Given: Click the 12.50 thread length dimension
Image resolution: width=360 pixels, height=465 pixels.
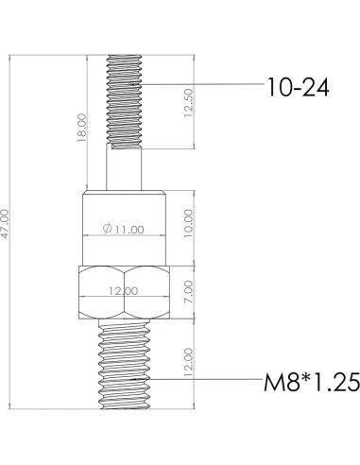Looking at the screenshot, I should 189,102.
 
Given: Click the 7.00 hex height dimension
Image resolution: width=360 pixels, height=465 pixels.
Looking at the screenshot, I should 190,292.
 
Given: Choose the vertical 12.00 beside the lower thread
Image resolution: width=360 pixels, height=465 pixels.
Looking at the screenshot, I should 190,364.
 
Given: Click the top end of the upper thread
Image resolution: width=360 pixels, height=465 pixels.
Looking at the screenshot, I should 125,56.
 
